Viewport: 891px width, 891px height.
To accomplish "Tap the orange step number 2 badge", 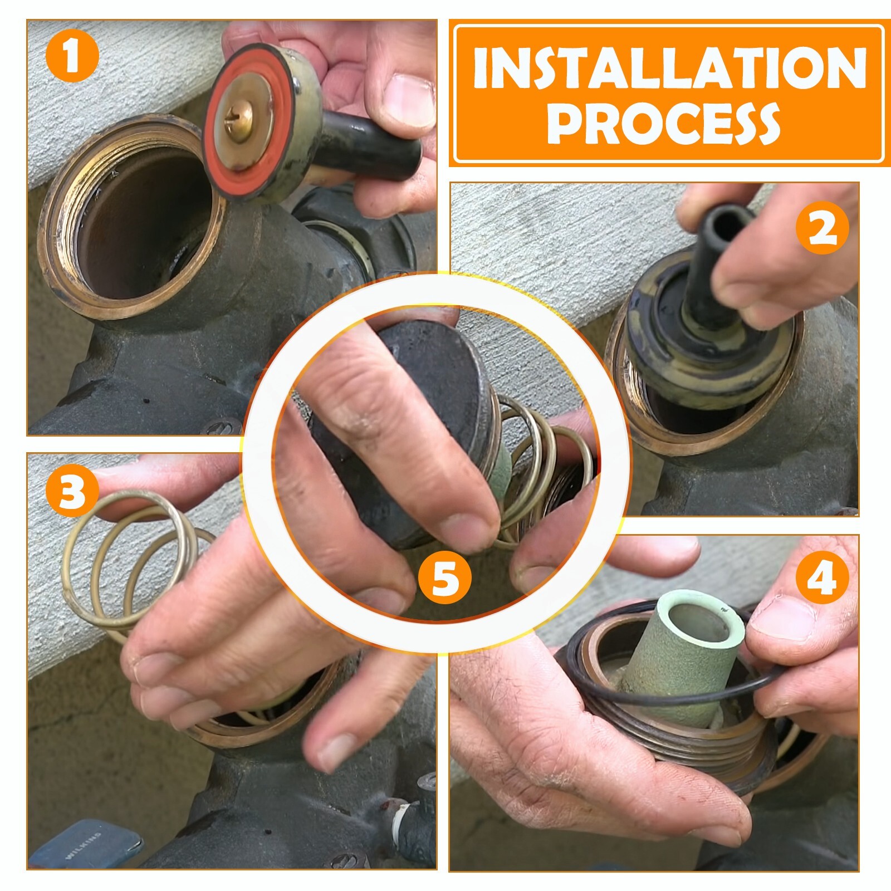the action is [823, 229].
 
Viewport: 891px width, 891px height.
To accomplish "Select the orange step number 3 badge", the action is [72, 492].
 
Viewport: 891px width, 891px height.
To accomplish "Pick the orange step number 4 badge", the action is [823, 577].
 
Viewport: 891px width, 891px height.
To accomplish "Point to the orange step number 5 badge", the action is [445, 577].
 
